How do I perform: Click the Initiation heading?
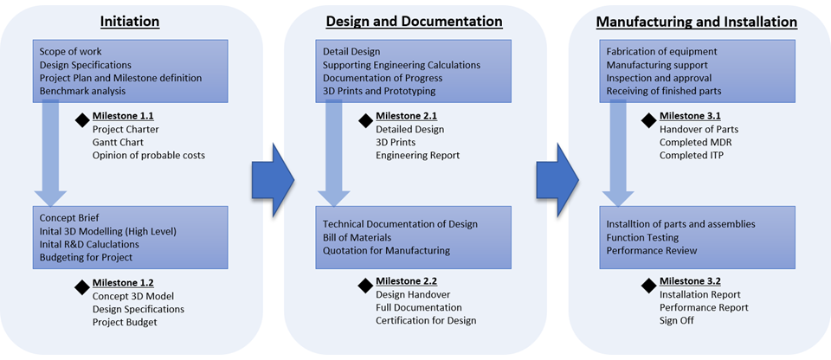129,21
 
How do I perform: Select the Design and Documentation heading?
414,21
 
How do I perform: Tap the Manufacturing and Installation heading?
697,21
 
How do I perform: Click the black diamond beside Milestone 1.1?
82,119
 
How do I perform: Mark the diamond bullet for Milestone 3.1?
648,119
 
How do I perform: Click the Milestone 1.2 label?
123,281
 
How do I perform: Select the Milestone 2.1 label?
406,115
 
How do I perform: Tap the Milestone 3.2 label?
690,281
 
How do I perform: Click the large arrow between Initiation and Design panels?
272,179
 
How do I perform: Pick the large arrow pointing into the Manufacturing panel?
557,179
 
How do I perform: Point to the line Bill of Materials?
358,237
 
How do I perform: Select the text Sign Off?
677,321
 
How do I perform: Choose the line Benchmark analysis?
83,91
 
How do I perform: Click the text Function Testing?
642,237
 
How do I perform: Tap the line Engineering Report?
417,156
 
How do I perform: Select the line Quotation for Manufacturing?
386,251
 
